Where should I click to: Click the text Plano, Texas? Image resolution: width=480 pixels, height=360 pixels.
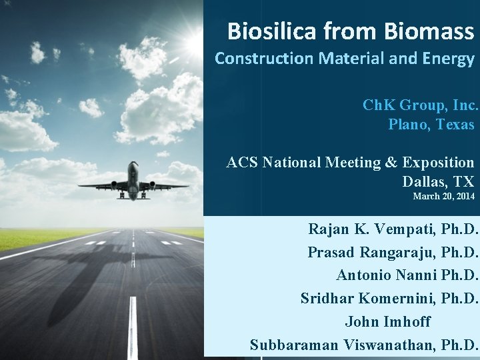(431, 124)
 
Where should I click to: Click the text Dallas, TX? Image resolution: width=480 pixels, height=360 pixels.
(437, 181)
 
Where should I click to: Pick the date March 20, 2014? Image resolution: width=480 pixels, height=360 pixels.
(443, 197)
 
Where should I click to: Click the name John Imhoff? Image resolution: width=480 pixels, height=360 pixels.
(388, 321)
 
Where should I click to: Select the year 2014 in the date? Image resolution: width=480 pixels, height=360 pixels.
(465, 197)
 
